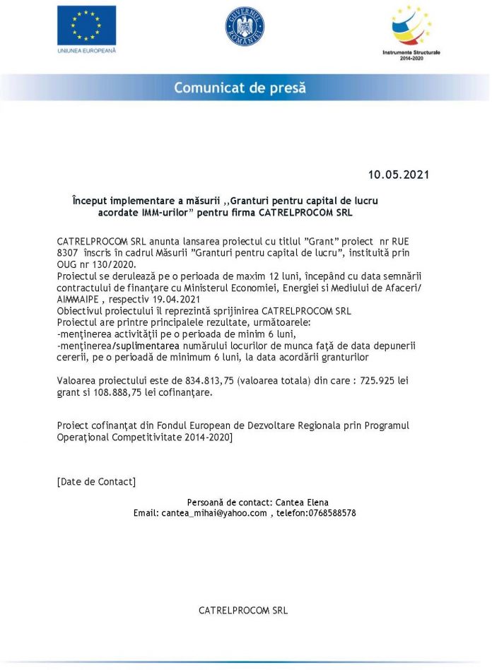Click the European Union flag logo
(86, 25)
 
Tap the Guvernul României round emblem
(245, 26)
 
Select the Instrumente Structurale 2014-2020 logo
(411, 32)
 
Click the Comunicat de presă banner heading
(240, 88)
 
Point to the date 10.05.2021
(398, 175)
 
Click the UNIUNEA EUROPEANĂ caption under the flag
(86, 51)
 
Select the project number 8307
(67, 253)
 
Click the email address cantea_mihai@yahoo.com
(214, 513)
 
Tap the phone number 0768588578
(332, 513)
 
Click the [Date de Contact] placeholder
(96, 481)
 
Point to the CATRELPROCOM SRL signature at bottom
(243, 610)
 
